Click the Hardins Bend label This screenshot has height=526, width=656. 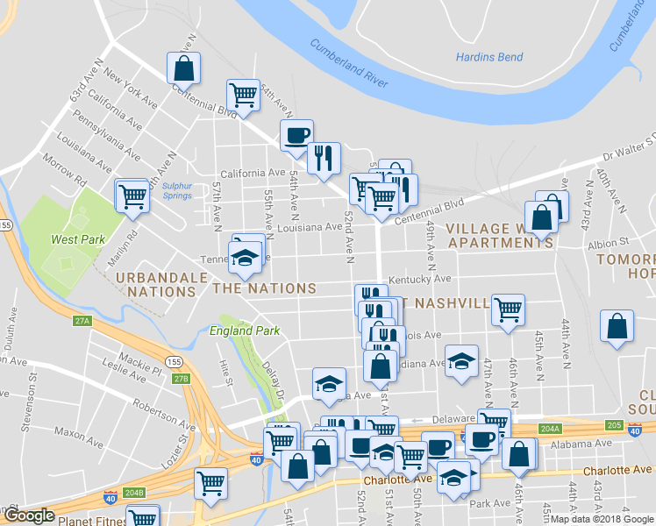point(489,58)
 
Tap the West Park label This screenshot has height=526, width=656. point(79,239)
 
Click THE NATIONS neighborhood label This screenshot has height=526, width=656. point(264,288)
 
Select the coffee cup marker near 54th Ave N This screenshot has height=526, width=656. point(296,135)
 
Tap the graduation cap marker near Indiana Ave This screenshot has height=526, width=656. point(460,360)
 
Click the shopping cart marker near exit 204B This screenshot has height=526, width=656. point(211,481)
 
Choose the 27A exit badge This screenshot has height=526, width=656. point(82,321)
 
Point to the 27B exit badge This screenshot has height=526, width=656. point(180,379)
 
